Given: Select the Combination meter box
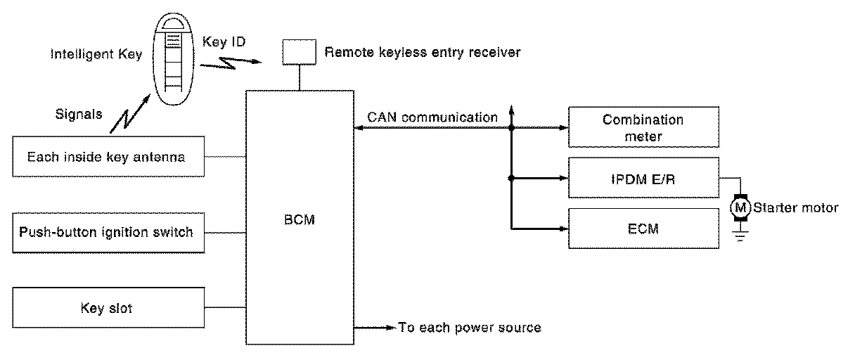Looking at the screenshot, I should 643,127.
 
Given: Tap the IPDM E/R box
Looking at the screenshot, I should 643,179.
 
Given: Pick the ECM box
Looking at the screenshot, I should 643,229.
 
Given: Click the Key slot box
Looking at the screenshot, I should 108,307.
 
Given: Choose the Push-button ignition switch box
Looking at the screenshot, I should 108,232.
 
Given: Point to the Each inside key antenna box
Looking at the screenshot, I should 108,156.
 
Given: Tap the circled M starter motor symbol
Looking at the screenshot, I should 740,207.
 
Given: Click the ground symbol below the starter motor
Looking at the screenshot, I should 740,236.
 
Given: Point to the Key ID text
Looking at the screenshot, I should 224,41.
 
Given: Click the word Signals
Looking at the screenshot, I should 78,112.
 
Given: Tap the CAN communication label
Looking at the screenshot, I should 432,117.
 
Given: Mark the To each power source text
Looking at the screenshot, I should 470,327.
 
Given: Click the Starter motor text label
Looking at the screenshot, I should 795,207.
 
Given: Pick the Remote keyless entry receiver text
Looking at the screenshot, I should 423,52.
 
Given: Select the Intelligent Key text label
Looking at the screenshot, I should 96,54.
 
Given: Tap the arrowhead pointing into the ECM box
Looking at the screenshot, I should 562,229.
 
